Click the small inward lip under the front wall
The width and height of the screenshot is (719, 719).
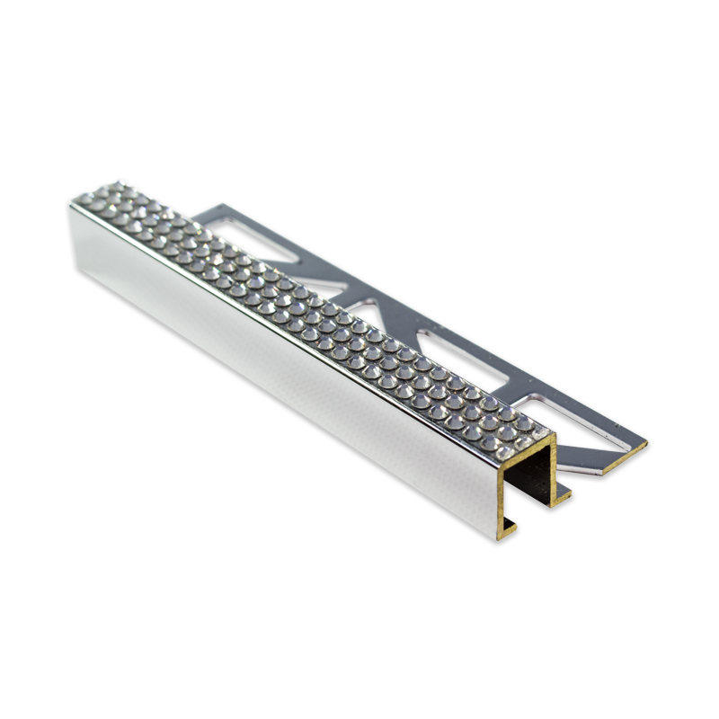(x=510, y=523)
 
